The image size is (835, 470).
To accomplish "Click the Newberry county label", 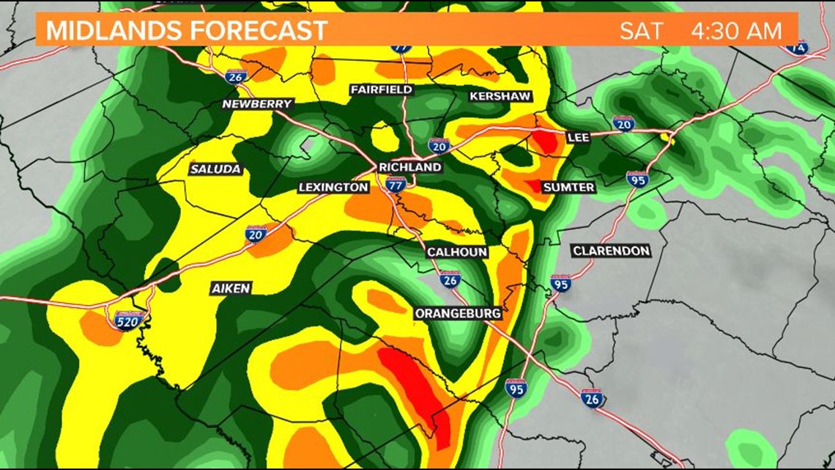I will [x=257, y=104].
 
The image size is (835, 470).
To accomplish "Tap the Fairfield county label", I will [x=381, y=89].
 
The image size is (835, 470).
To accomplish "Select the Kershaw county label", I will [x=500, y=97].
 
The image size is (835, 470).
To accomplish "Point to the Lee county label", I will [x=577, y=137].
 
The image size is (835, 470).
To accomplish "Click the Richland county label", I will [x=410, y=167].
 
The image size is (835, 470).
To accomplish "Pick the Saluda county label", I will [x=215, y=169].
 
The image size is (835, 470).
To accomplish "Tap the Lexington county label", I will [x=333, y=188].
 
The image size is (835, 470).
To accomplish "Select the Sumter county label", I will [x=568, y=188].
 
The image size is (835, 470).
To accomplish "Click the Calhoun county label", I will [x=457, y=252].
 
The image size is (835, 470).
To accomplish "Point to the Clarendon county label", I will [x=611, y=251].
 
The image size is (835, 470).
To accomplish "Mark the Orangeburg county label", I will [x=458, y=314].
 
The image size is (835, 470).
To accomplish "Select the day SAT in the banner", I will [x=641, y=32].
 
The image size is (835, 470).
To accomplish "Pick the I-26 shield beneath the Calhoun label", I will [x=450, y=278].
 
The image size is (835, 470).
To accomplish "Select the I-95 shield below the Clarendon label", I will [x=560, y=283].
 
